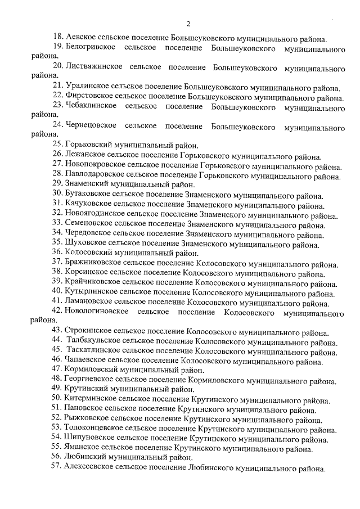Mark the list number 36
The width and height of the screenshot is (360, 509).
pyautogui.click(x=57, y=253)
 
